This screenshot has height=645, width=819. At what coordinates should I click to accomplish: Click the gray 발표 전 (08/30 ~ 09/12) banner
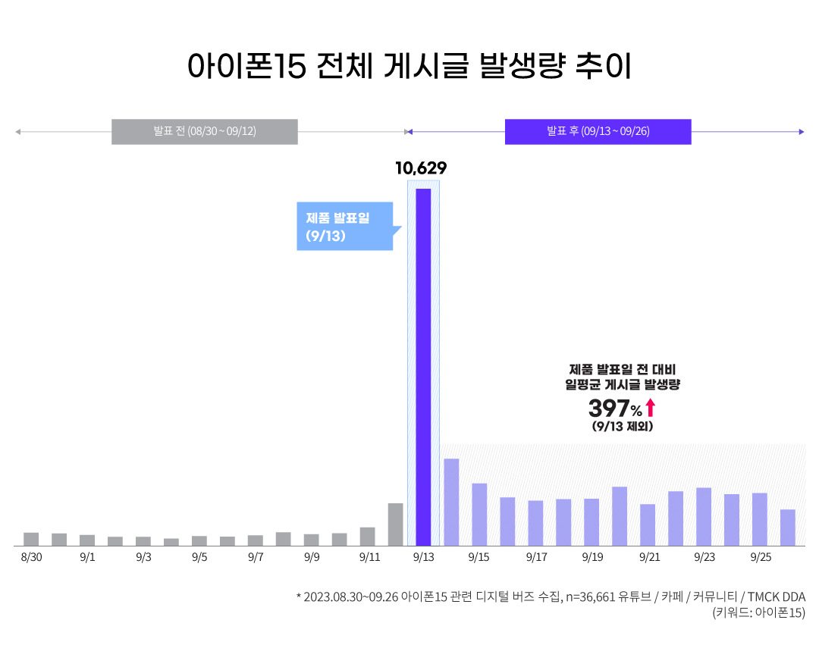point(205,131)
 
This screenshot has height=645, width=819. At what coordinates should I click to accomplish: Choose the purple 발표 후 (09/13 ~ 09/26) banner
point(598,131)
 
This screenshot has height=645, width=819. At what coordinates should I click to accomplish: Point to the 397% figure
point(615,409)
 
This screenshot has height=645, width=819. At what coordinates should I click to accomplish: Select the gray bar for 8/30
point(31,539)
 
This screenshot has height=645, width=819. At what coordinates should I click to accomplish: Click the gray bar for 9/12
point(395,524)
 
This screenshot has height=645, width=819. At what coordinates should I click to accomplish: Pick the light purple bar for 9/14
point(451,502)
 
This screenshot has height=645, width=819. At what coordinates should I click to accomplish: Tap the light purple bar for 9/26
point(788,528)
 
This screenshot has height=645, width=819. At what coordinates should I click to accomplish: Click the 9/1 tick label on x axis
point(87,558)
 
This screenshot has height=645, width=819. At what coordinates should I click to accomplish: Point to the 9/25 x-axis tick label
point(760,558)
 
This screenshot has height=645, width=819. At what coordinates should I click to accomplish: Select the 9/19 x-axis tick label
point(592,558)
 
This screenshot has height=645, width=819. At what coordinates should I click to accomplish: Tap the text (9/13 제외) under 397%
point(622,427)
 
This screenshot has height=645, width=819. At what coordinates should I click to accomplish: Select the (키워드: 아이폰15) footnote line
point(758,613)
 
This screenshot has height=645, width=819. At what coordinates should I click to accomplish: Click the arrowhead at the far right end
point(801,132)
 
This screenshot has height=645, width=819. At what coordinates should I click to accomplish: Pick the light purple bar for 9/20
point(620,516)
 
